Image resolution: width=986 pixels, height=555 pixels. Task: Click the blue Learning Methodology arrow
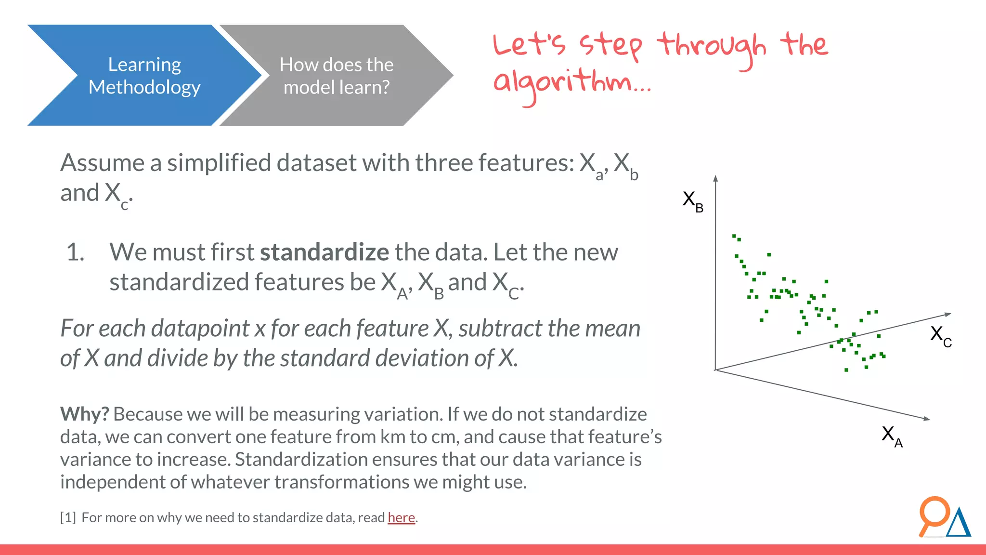[144, 76]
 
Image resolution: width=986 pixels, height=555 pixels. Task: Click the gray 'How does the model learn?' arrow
[336, 76]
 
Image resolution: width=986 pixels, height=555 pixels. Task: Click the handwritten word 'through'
[712, 47]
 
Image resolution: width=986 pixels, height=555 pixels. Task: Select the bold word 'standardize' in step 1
[324, 252]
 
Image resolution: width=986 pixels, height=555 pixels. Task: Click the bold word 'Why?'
[84, 414]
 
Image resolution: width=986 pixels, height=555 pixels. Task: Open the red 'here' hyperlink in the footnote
[401, 517]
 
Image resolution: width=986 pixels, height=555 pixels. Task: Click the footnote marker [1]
[68, 517]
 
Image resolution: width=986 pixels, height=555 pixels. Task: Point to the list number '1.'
[76, 252]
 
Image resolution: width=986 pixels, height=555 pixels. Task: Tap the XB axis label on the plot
[692, 200]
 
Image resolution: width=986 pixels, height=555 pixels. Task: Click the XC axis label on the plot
[940, 335]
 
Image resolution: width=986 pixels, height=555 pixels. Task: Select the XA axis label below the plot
[892, 436]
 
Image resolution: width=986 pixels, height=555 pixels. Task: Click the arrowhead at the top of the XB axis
[716, 178]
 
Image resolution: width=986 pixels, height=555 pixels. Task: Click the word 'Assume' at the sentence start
[102, 163]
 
